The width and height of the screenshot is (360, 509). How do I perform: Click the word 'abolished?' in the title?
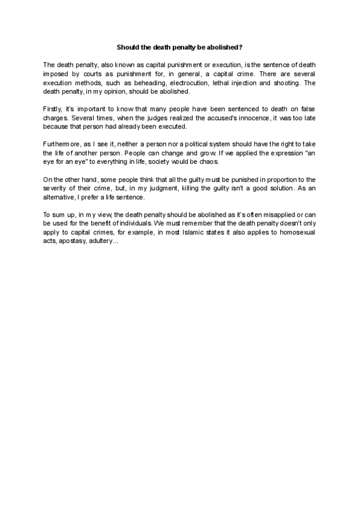[x=224, y=46]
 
